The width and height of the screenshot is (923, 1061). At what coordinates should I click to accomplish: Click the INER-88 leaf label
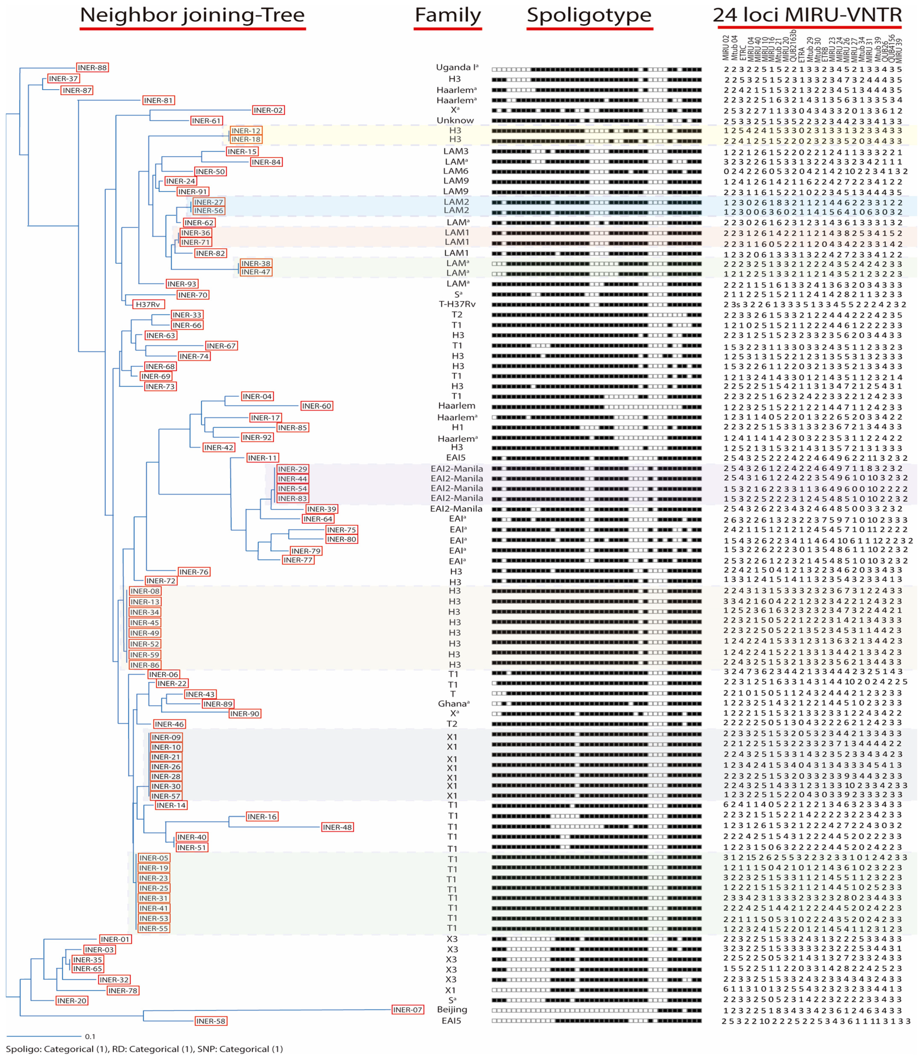92,68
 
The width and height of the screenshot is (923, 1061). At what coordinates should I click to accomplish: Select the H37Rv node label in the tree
148,305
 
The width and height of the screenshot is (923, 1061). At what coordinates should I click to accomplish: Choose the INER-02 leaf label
268,110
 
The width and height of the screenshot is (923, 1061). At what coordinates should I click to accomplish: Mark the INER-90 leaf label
245,714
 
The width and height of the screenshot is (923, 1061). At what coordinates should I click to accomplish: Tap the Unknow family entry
455,121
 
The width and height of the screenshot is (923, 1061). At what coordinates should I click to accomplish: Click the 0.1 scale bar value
90,1036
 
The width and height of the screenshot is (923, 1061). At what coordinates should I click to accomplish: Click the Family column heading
447,15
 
